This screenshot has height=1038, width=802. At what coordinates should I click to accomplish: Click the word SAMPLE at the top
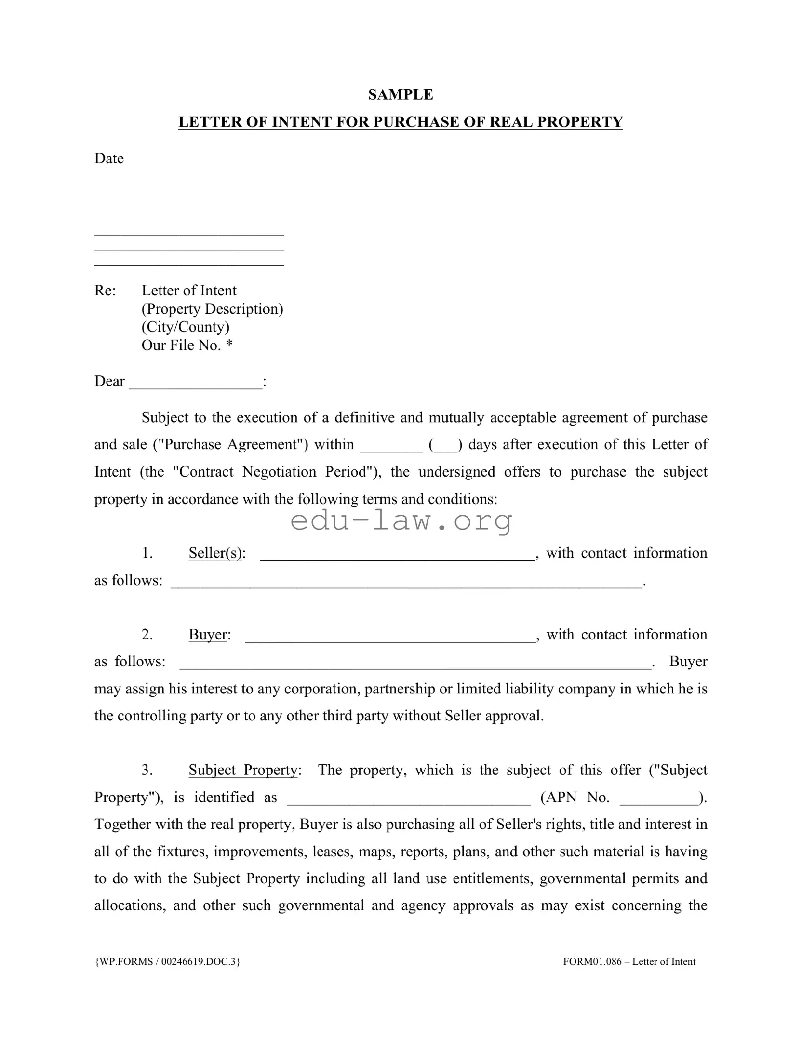point(400,94)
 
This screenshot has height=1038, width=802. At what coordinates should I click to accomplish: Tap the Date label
point(109,159)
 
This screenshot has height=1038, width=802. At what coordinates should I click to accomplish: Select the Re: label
point(105,291)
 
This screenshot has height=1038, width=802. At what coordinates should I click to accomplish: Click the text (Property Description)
point(212,309)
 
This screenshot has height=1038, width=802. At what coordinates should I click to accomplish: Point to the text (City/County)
point(185,327)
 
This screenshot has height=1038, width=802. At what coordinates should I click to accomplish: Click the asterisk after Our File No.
point(229,344)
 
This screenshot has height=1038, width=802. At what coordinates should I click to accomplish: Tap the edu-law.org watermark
point(401,521)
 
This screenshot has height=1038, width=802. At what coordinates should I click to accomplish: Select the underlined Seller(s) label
point(215,553)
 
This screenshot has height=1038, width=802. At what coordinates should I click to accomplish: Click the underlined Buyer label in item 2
point(208,635)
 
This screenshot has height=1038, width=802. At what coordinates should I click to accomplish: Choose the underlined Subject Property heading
point(243,770)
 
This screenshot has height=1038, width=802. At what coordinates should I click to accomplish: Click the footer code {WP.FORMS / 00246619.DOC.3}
point(167,961)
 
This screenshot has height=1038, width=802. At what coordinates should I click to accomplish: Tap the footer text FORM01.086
point(592,961)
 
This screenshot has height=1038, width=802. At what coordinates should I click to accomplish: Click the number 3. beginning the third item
point(147,770)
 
